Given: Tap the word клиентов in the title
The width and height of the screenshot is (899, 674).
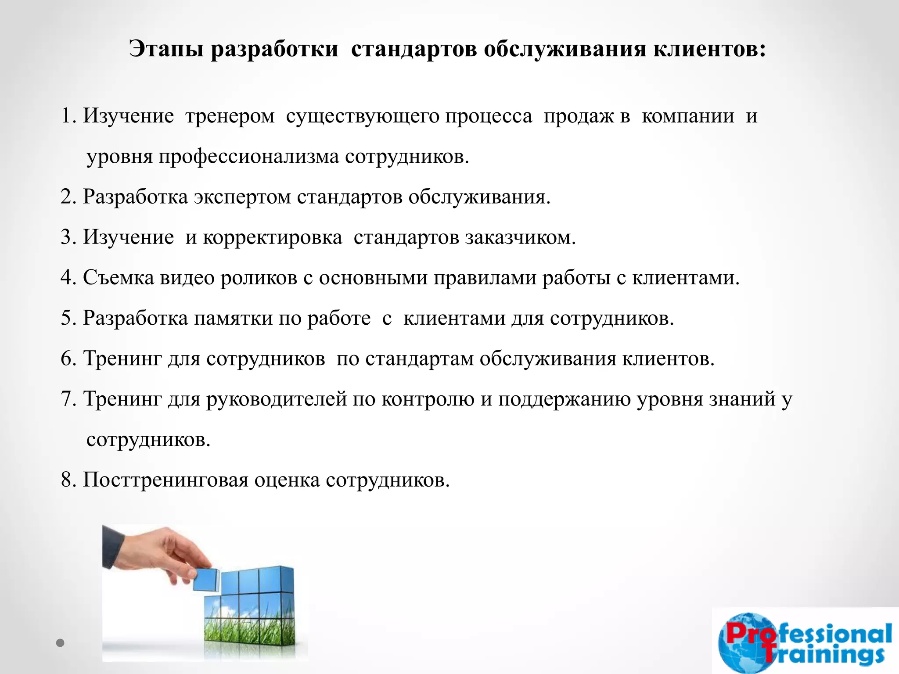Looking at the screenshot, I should pyautogui.click(x=708, y=50).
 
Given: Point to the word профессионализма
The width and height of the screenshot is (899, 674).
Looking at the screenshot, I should pyautogui.click(x=249, y=157).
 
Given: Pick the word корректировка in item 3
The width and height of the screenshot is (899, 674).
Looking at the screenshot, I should pyautogui.click(x=272, y=237).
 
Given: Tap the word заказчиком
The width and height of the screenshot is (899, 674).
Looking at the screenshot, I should pyautogui.click(x=520, y=237).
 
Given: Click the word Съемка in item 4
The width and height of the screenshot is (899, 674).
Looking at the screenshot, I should pyautogui.click(x=119, y=278).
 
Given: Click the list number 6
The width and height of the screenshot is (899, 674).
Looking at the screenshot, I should pyautogui.click(x=68, y=359).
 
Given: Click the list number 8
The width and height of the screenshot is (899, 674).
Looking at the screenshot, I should pyautogui.click(x=68, y=480).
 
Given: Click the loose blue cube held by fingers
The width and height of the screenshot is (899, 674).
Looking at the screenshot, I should pyautogui.click(x=206, y=578).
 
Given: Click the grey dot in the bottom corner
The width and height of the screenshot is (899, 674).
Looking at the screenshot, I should pyautogui.click(x=61, y=643).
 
